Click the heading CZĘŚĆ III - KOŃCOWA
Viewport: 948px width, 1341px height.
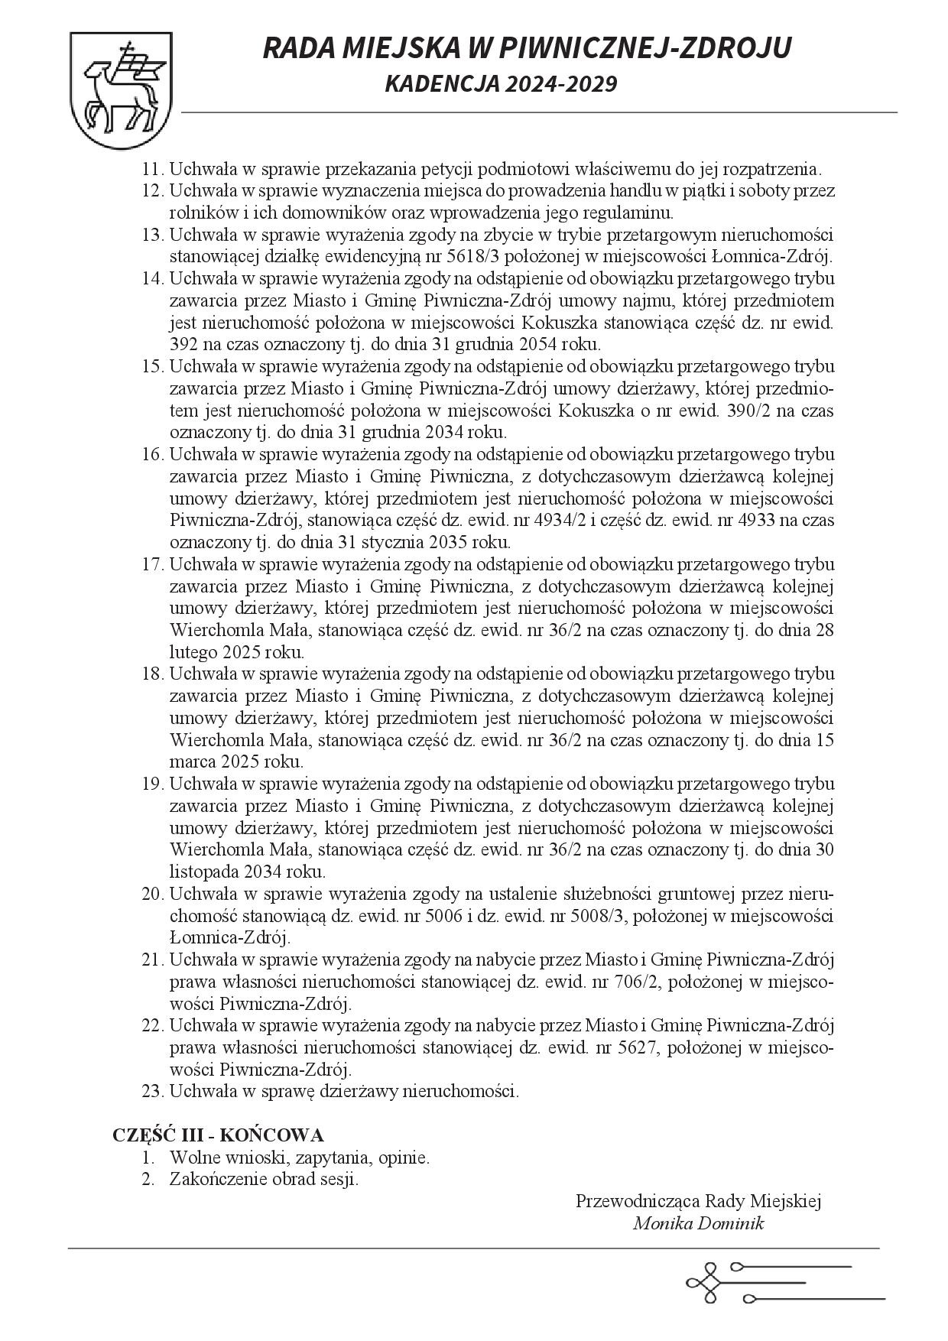218,1135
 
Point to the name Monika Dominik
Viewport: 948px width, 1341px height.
698,1223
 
